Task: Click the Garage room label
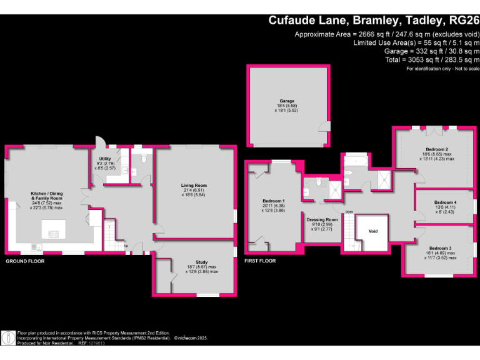[x=287, y=101]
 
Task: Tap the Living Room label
[x=194, y=186]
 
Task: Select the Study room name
[x=201, y=262]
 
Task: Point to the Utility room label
[x=105, y=159]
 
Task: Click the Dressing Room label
[x=322, y=220]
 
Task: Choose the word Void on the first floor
[x=373, y=231]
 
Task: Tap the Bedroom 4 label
[x=446, y=202]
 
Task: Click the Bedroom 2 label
[x=437, y=149]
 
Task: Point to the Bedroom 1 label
[x=272, y=201]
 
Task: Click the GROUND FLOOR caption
[x=25, y=261]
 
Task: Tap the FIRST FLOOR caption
[x=260, y=261]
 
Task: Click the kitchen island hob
[x=52, y=234]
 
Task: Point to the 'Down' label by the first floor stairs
[x=349, y=212]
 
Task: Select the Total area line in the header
[x=431, y=59]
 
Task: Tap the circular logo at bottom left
[x=8, y=338]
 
